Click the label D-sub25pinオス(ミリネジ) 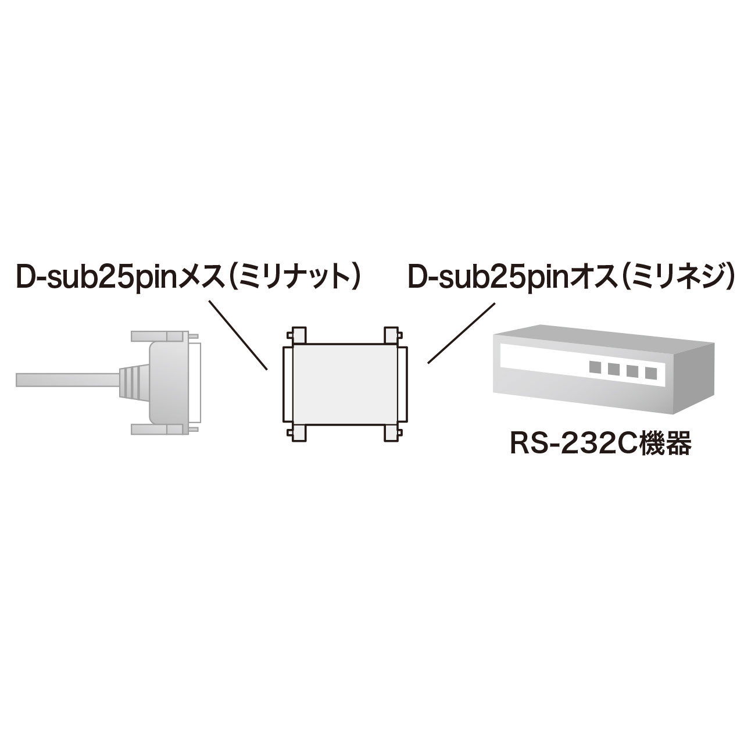tap(570, 277)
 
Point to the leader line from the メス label tap(238, 335)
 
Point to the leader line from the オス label tap(461, 333)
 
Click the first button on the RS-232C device tap(595, 368)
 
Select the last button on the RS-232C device tap(650, 373)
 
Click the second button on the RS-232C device tap(614, 370)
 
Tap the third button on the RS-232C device tap(632, 371)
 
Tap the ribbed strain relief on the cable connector tap(134, 379)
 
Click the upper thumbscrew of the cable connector tap(164, 336)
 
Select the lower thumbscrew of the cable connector tap(164, 430)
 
